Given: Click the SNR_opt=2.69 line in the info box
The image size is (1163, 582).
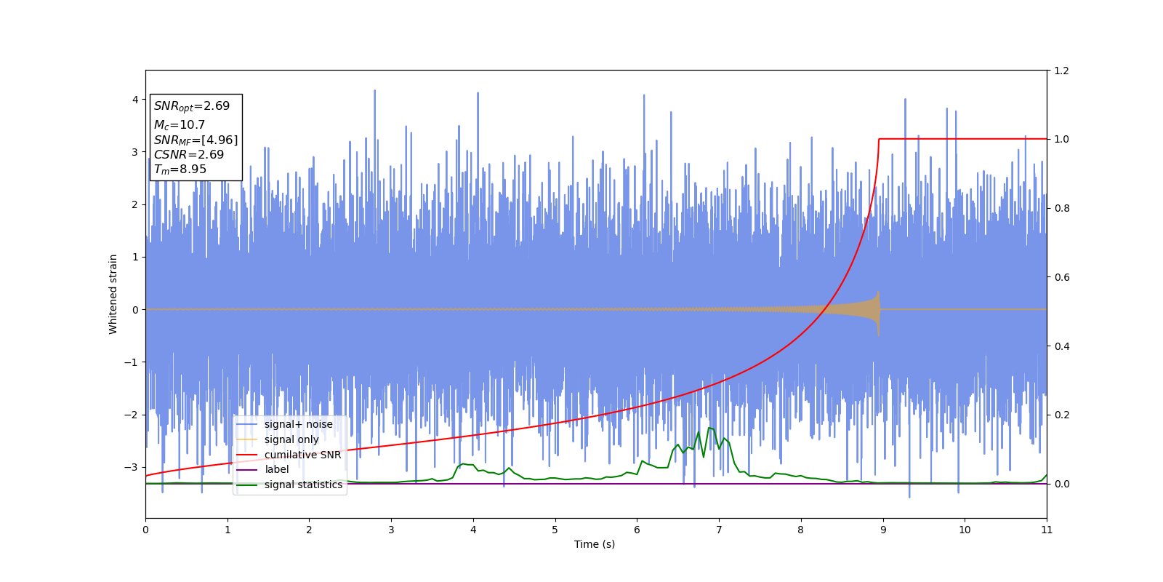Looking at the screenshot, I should pos(192,106).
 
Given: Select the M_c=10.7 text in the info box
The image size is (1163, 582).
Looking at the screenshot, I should pos(180,125).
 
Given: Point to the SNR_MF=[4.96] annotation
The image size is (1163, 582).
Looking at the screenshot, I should pos(196,140).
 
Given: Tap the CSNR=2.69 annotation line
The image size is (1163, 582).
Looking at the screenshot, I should pos(189,154).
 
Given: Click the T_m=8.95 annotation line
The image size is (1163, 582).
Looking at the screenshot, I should pos(180,170).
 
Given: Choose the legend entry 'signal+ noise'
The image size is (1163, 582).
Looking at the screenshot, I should pos(298,424).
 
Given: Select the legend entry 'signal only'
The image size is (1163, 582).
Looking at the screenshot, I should pos(291,439).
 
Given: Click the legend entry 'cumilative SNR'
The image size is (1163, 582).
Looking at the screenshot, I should pos(302,455).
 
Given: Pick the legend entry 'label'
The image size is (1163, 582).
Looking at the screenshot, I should pos(276,469).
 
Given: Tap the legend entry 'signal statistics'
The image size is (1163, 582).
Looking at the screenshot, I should pos(303,485).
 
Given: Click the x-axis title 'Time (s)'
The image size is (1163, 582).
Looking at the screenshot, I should pos(595,544).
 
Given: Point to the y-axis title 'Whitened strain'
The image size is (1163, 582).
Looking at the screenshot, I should pos(113,294).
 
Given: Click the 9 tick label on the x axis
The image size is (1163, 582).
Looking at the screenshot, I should pos(883,530).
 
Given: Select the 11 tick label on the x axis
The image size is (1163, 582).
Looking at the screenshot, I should pos(1047,530).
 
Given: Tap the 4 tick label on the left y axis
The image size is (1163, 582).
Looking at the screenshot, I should pos(135,100).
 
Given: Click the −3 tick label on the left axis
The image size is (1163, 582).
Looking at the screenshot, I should pos(132,467).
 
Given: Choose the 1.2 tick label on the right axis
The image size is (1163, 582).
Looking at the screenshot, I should pos(1062,71).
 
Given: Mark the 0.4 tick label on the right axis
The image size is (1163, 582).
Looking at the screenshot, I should pos(1062,346).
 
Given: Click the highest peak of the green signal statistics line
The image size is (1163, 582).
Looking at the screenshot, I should pos(709,428).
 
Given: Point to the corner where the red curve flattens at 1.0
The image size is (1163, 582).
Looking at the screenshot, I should pos(880,139).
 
